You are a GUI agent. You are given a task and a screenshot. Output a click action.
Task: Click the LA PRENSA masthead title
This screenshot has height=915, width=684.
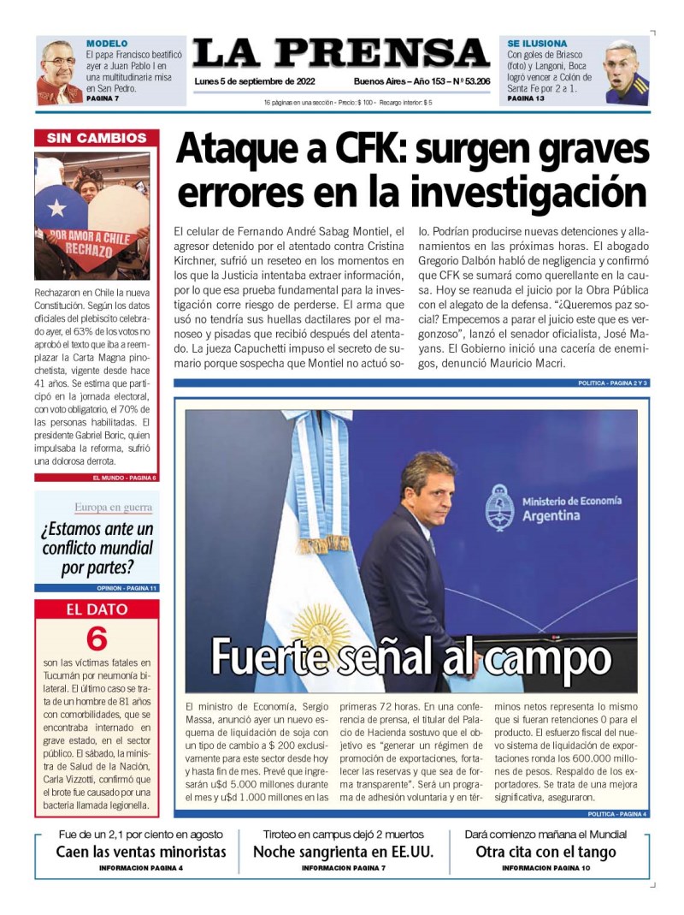(340, 54)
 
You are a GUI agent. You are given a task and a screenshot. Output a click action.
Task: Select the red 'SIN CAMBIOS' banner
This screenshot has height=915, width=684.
(96, 138)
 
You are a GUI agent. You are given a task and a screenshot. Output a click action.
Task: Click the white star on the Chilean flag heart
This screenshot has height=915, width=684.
(56, 207)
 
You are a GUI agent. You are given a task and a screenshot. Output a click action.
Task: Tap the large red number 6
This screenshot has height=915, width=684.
(97, 639)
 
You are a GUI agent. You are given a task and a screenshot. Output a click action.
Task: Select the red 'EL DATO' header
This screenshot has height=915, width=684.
(97, 609)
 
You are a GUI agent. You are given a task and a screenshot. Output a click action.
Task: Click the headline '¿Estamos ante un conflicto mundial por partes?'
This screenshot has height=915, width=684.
(97, 548)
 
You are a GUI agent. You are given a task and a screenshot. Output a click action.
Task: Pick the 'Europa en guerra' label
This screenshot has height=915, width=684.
(114, 507)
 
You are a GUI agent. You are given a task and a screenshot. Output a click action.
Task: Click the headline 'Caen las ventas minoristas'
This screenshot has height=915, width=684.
(141, 852)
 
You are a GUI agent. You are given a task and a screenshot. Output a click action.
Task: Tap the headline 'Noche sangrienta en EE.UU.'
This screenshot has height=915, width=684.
(343, 852)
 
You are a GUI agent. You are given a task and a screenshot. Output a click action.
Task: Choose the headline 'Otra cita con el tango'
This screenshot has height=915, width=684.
(545, 852)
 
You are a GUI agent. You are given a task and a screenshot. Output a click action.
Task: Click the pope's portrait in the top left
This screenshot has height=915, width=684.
(59, 71)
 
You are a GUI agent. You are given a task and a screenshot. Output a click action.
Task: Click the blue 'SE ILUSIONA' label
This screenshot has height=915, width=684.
(537, 43)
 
